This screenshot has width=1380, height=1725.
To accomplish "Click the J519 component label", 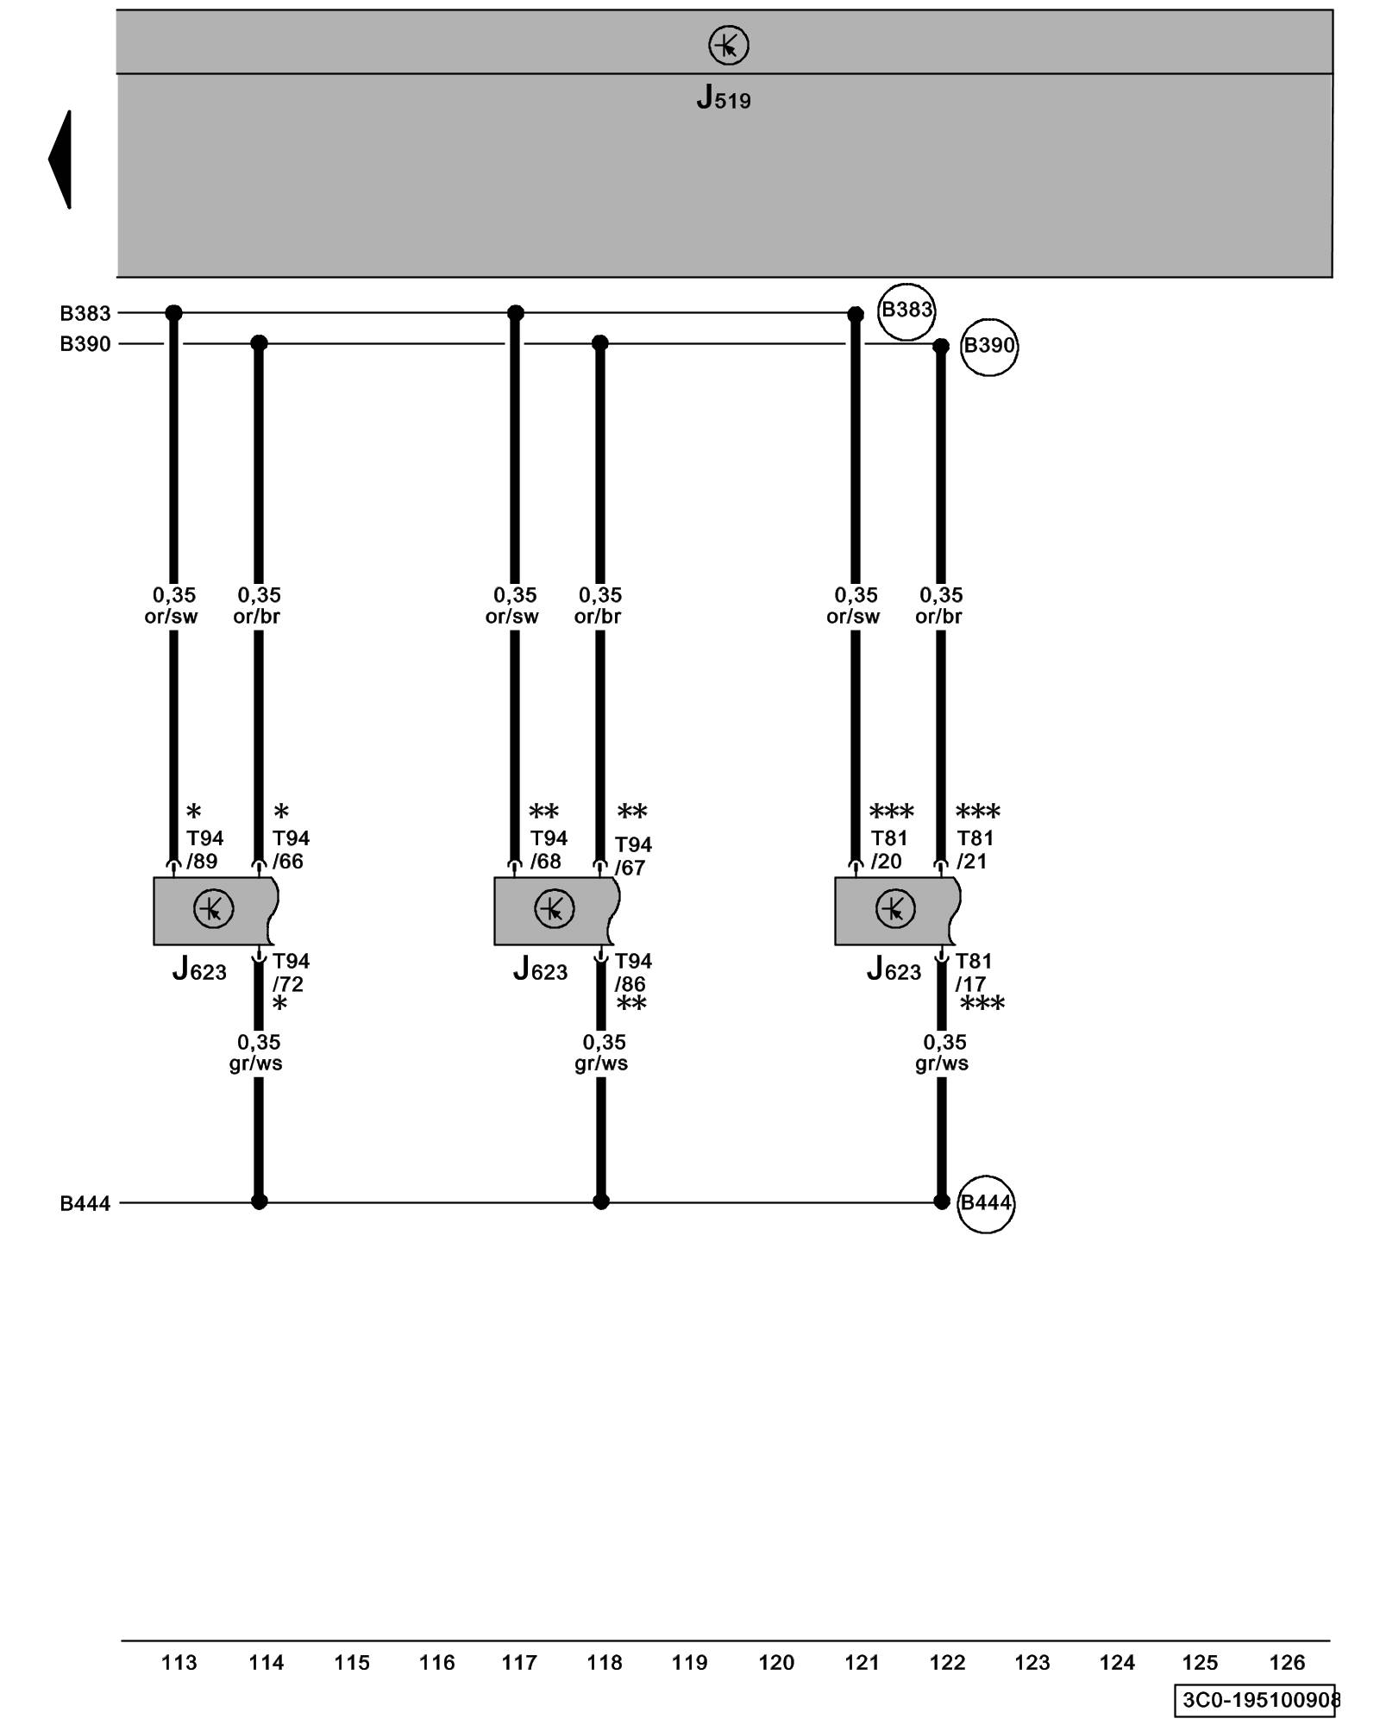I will (724, 97).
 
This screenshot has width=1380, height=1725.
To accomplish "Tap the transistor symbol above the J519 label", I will (728, 45).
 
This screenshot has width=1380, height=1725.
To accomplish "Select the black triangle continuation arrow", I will (60, 160).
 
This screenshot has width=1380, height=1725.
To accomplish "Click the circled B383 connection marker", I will (906, 310).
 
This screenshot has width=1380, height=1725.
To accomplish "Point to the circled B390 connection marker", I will (988, 347).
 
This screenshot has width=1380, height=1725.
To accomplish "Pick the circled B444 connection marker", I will (985, 1203).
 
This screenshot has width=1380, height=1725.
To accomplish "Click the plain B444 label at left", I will (85, 1203).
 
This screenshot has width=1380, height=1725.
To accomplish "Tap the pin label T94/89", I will (204, 850).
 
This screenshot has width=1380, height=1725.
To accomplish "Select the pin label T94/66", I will (290, 850).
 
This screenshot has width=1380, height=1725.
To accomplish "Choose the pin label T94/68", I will (548, 850).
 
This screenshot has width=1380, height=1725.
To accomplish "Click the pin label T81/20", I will (888, 850).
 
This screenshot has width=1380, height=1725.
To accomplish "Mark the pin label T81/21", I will (975, 850).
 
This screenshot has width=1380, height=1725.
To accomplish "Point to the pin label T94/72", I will (290, 972).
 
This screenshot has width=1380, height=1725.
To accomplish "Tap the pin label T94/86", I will (632, 972).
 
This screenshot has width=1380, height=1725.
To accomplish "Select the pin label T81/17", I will (973, 972).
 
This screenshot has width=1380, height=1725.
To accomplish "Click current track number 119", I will (689, 1662).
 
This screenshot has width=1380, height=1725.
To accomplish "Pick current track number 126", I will (1287, 1662).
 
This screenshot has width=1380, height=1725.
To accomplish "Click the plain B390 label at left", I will (85, 344).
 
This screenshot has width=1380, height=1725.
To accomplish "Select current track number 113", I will (179, 1662).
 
